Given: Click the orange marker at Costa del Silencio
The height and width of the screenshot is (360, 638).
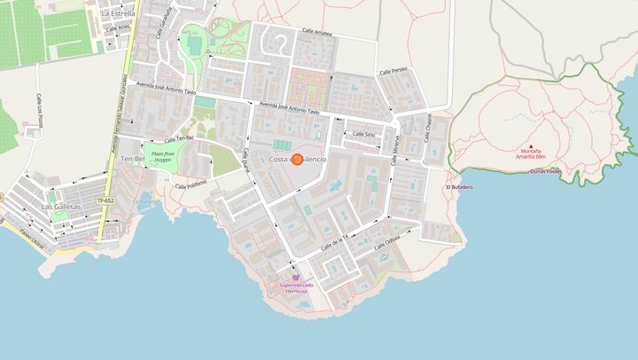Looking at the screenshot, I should (297, 160).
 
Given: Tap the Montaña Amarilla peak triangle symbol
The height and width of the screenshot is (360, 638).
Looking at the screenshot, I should (531, 146).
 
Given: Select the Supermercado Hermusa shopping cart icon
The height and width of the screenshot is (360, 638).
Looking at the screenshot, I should (295, 277).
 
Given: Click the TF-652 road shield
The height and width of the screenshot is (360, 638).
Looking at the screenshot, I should (105, 200).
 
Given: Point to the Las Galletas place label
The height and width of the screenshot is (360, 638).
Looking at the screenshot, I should (59, 206).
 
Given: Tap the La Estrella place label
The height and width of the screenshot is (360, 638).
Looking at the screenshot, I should (118, 13).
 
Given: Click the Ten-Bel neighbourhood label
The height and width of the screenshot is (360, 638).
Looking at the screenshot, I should (132, 159).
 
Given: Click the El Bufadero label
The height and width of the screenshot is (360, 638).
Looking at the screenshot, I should (459, 187).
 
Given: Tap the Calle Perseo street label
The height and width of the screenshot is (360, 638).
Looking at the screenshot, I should (393, 71).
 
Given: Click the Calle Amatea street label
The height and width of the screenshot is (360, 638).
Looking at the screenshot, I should (317, 32).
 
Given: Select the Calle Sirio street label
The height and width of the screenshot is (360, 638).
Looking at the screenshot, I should (364, 134).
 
